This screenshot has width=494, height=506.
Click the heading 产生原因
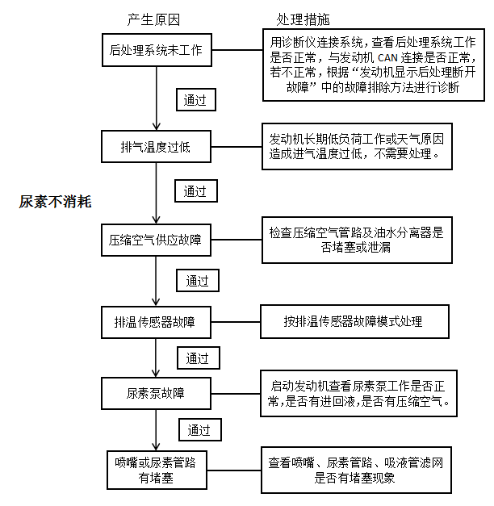point(153,20)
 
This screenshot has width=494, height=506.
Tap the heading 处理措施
point(303,19)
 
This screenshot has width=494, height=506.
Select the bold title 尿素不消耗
point(55,202)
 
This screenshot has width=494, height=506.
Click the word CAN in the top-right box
point(387,58)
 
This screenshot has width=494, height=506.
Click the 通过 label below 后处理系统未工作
point(196,100)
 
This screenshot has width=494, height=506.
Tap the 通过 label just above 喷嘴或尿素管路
point(200,430)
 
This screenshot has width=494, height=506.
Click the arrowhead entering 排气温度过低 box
point(157,127)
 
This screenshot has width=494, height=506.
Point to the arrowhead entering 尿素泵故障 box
point(156,374)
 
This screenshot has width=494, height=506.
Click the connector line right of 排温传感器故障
point(236,322)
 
